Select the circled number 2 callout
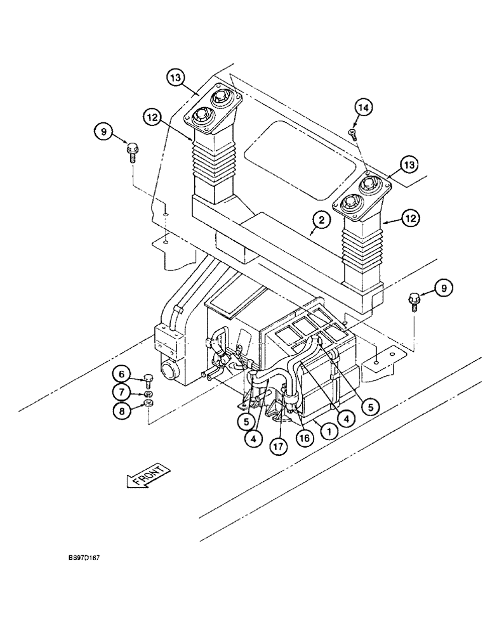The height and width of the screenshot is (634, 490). [322, 221]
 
